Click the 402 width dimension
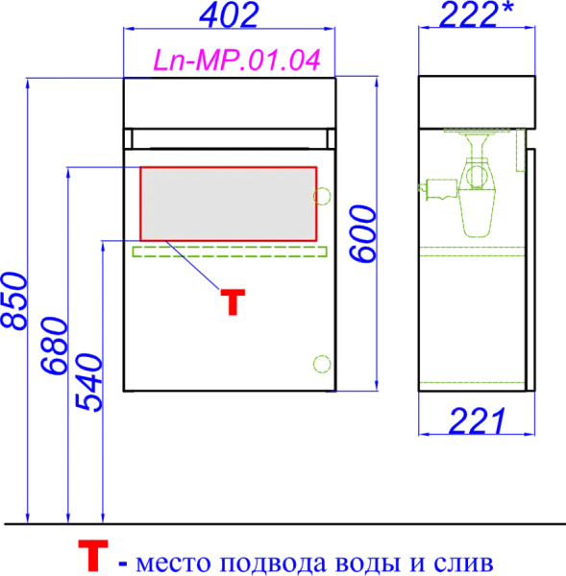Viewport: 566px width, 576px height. point(229,15)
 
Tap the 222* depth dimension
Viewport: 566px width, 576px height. point(476,14)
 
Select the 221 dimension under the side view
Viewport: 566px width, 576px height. point(477,421)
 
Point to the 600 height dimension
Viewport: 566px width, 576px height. point(362,234)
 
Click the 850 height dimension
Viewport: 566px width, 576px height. point(13,300)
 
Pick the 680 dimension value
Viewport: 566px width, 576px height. point(54,346)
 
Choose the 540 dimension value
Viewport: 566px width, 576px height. point(88,382)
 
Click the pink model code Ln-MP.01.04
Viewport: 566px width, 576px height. point(236,60)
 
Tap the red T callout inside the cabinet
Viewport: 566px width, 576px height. point(233,301)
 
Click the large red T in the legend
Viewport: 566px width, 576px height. point(93,555)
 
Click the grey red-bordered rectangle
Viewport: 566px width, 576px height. point(229,204)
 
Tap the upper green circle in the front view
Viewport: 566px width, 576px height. point(322,196)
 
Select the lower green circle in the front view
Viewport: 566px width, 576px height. point(322,364)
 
